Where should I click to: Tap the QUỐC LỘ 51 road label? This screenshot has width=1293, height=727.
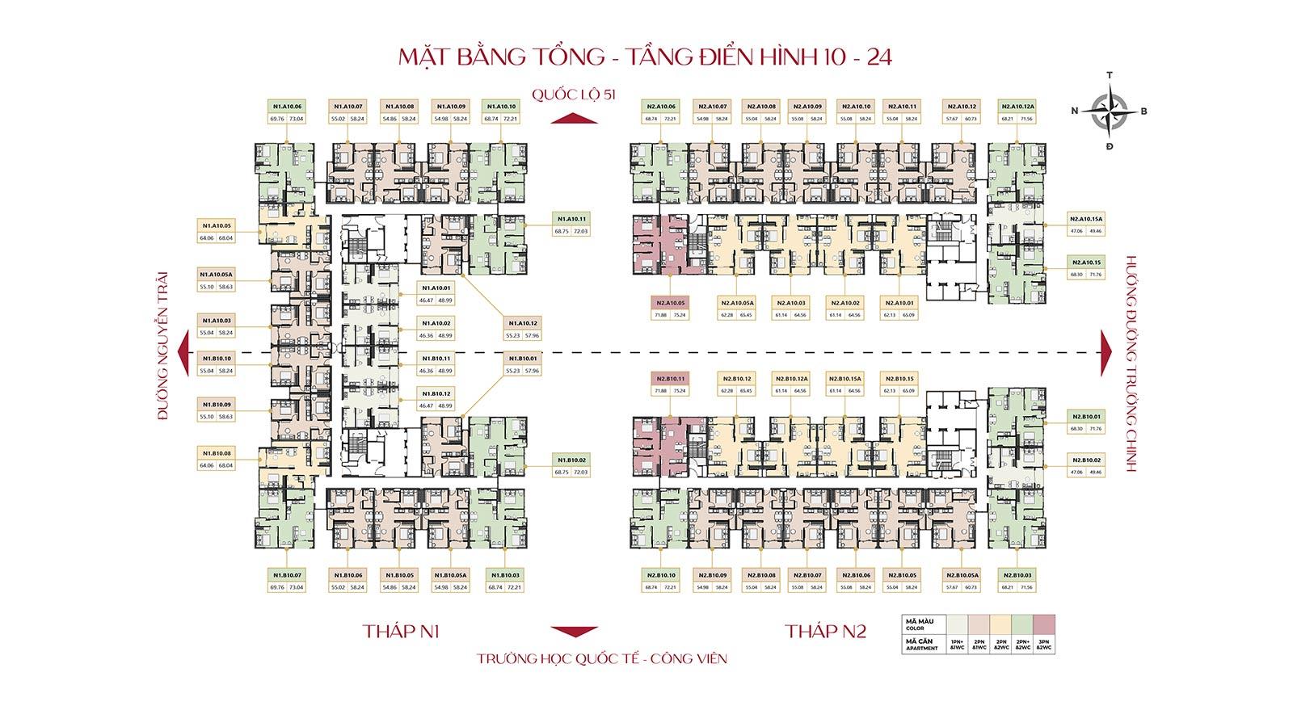point(574,95)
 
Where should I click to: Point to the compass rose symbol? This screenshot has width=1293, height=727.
point(1109,111)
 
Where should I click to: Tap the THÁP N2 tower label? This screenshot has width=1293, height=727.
point(825,631)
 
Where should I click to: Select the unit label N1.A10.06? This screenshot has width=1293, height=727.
point(287,106)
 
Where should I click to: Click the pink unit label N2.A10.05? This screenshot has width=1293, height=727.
point(671,302)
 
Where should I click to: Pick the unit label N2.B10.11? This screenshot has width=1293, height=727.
point(671,378)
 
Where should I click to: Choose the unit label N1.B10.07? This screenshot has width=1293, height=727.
point(287,574)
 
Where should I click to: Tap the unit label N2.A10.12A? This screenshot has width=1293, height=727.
point(1017,106)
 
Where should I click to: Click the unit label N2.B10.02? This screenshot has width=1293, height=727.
point(1086,460)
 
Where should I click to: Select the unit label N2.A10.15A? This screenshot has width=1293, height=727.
point(1086,219)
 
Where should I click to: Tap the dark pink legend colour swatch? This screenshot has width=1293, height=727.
point(1043,625)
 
